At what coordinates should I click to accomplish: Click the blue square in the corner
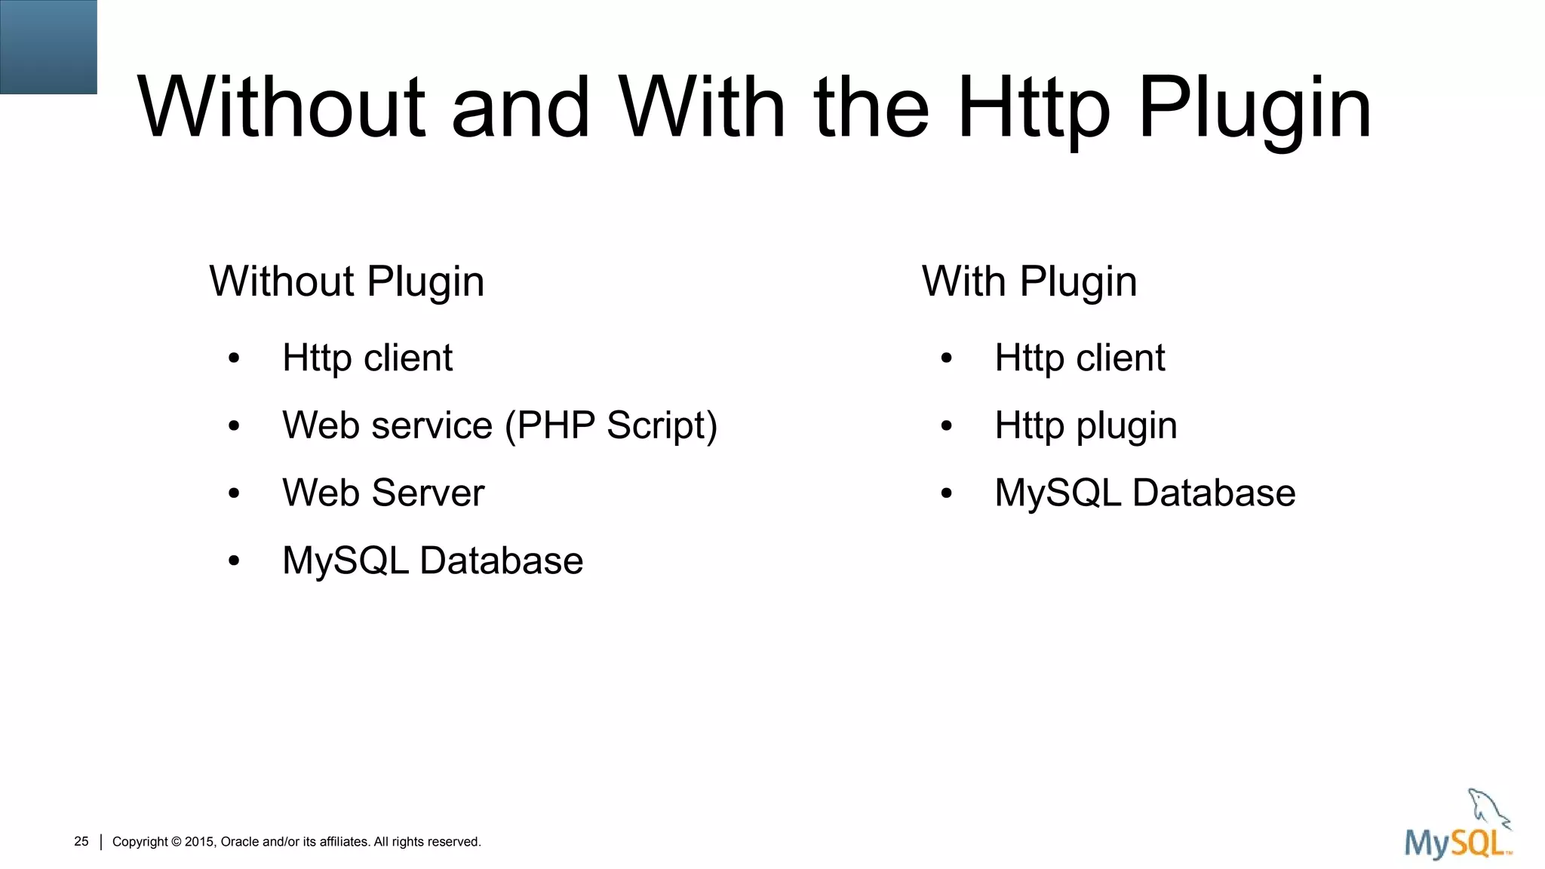tap(48, 47)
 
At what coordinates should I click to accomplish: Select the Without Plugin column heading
tap(346, 282)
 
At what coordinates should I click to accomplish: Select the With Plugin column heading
tap(1029, 282)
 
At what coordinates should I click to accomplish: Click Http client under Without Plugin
tap(367, 358)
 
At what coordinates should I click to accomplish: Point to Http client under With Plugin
tap(1080, 358)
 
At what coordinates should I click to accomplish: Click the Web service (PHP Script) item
tap(499, 425)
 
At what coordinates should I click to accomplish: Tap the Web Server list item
tap(383, 493)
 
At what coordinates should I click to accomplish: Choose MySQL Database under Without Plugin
tap(432, 560)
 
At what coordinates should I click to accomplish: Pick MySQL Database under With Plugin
tap(1145, 493)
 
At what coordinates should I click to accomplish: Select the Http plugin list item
tap(1086, 425)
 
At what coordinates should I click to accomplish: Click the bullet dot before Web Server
tap(234, 494)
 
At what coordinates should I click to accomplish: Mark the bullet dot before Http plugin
tap(947, 426)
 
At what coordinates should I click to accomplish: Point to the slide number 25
tap(81, 841)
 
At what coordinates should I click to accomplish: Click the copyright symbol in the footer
tap(177, 842)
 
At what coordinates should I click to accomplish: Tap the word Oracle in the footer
tap(240, 842)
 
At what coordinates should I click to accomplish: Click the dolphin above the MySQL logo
tap(1488, 809)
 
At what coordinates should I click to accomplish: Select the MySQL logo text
tap(1457, 843)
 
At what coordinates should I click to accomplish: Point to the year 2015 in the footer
tap(201, 842)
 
